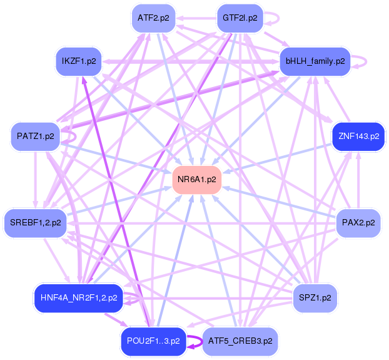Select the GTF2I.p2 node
(x=240, y=18)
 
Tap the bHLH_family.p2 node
(x=315, y=61)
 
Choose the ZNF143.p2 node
(x=358, y=136)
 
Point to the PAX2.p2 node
(x=358, y=222)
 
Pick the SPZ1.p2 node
(x=315, y=297)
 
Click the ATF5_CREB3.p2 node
(x=240, y=341)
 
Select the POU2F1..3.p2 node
(x=153, y=341)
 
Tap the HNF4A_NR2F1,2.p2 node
(x=78, y=297)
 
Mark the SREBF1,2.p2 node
(x=35, y=222)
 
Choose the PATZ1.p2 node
(x=35, y=136)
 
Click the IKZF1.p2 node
(x=79, y=61)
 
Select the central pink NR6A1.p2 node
(x=196, y=180)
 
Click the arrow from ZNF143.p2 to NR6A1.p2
(x=281, y=157)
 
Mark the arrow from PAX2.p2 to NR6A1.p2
(x=281, y=202)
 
